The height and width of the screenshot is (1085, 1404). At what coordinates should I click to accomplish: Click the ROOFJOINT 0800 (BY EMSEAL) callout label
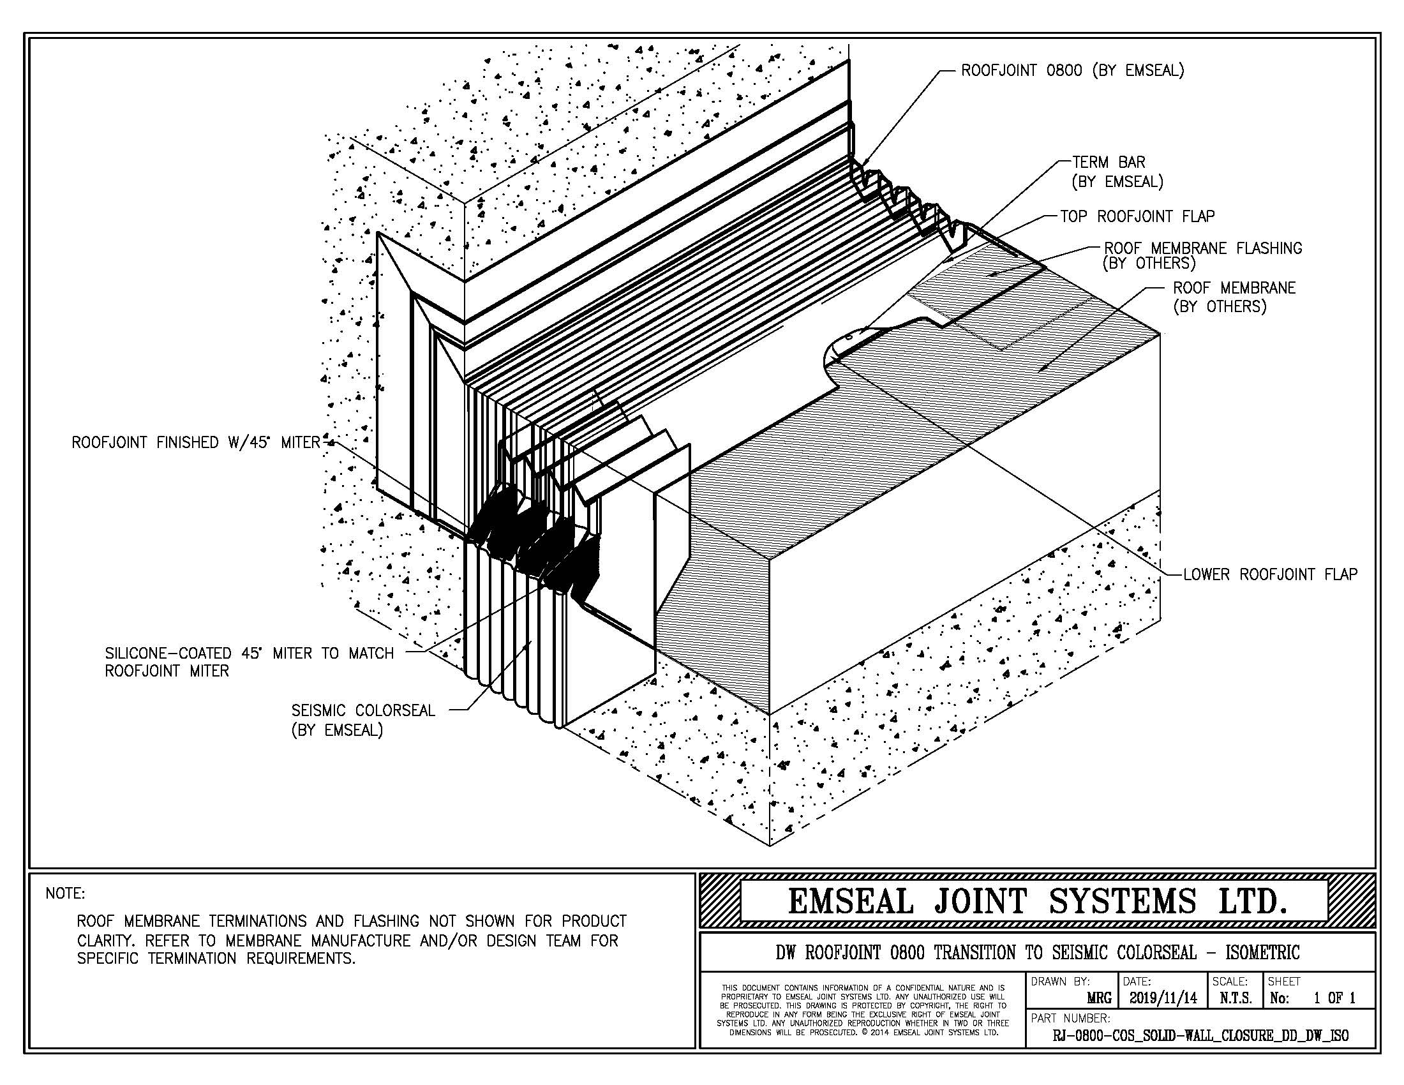pyautogui.click(x=1072, y=71)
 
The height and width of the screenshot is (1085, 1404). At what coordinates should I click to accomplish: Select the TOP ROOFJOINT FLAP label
pyautogui.click(x=1137, y=216)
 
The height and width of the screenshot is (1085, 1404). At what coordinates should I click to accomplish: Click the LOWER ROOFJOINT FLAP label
pyautogui.click(x=1269, y=574)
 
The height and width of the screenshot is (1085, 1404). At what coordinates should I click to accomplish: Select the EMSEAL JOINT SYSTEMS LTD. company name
pyautogui.click(x=1037, y=901)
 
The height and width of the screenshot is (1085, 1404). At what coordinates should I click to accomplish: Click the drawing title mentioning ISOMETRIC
pyautogui.click(x=1037, y=952)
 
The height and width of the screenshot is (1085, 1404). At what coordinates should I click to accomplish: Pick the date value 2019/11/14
pyautogui.click(x=1162, y=998)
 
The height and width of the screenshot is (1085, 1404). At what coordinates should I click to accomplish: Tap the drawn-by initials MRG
pyautogui.click(x=1099, y=999)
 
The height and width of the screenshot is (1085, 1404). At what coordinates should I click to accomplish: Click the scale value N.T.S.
pyautogui.click(x=1235, y=998)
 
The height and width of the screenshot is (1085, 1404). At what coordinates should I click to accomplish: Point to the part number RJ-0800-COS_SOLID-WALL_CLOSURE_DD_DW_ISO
pyautogui.click(x=1200, y=1035)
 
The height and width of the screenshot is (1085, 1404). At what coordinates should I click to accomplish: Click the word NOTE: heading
pyautogui.click(x=65, y=894)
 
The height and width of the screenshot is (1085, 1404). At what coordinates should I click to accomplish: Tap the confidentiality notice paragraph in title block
pyautogui.click(x=862, y=1010)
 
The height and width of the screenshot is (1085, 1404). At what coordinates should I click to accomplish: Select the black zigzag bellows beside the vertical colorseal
pyautogui.click(x=534, y=546)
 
